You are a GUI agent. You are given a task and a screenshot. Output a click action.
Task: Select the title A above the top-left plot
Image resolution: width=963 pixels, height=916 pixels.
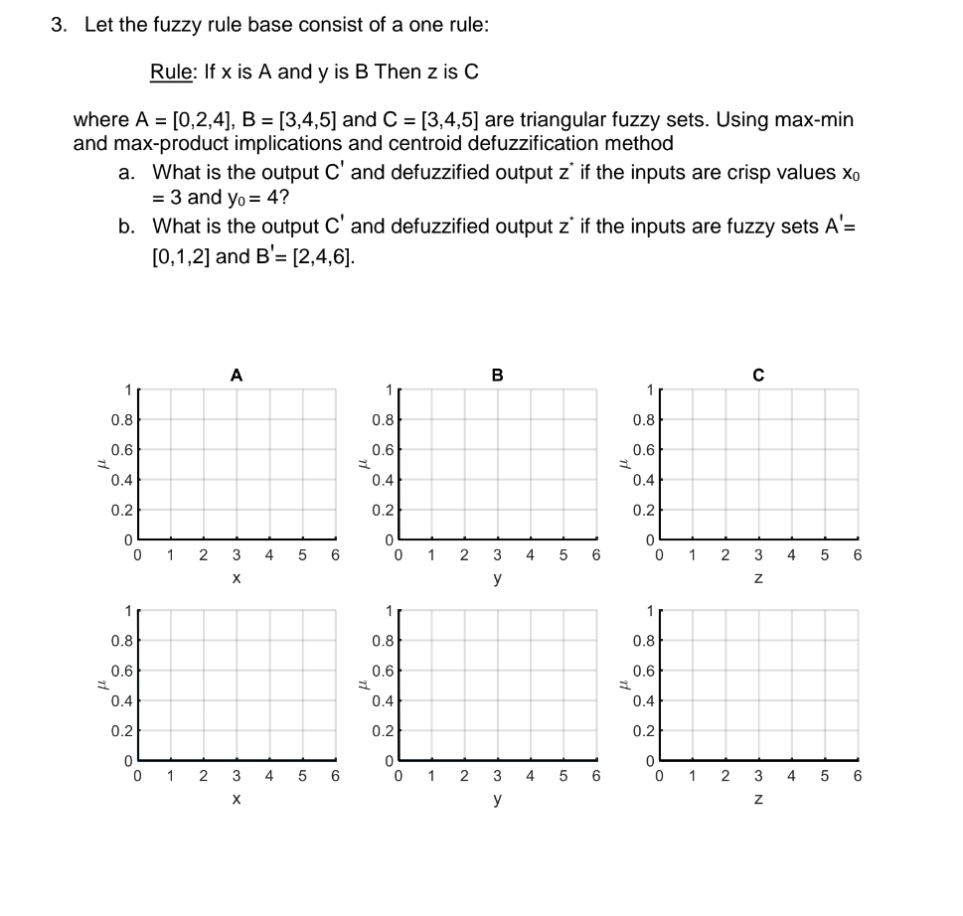point(236,375)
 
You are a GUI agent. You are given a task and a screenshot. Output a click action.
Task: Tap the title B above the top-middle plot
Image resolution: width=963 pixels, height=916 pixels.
point(497,375)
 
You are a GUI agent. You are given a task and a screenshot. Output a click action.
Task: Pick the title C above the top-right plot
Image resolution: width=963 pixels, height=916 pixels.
point(758,375)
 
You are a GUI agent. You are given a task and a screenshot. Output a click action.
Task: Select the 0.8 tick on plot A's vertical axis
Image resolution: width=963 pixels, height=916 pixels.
point(121,420)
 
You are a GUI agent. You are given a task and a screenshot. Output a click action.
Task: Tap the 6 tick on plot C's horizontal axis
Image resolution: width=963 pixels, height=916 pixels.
point(858,556)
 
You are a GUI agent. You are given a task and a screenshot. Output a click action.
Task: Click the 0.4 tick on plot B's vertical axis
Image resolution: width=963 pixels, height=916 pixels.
point(383,480)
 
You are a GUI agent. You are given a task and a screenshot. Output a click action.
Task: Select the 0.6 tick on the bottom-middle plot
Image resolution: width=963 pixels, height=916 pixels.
point(383,671)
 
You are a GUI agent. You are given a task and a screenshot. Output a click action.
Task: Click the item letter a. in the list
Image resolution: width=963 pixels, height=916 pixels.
point(126,173)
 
